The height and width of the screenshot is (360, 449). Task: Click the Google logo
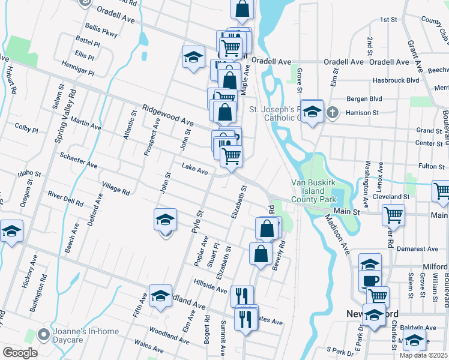[x=19, y=353]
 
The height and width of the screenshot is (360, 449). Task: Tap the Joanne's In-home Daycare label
[x=85, y=334]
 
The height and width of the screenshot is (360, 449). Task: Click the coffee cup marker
[x=370, y=281]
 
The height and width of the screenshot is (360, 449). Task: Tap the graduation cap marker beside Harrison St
[x=312, y=112]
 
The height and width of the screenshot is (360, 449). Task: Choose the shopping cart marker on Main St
[x=393, y=214]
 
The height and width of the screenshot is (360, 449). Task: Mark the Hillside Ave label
[x=210, y=286]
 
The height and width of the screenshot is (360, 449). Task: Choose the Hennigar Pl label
[x=77, y=68]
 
